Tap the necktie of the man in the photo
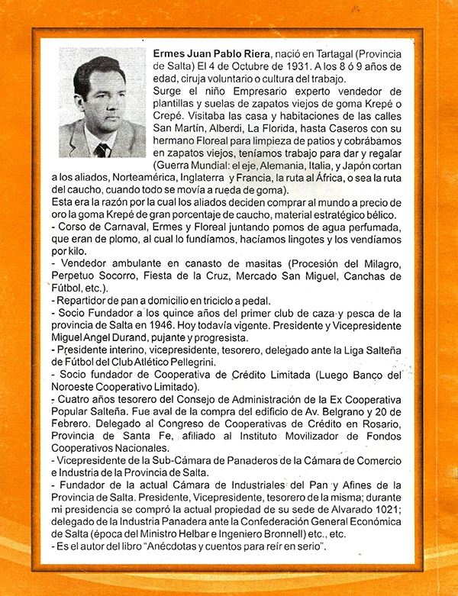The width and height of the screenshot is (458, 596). click(102, 149)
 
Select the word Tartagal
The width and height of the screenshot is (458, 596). click(339, 55)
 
